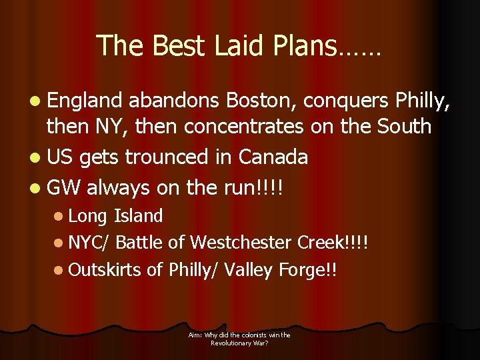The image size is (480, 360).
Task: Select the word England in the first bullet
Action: click(85, 101)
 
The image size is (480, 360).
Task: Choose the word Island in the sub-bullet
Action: click(139, 216)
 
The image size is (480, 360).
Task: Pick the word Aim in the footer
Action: click(195, 335)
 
